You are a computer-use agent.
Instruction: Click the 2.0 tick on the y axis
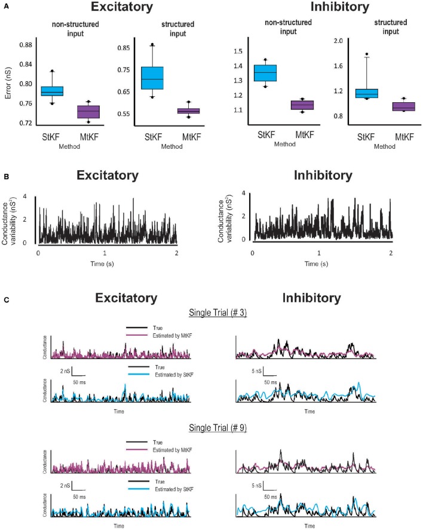338,41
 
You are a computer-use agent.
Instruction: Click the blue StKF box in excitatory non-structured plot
52,91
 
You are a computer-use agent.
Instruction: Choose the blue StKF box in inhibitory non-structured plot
265,72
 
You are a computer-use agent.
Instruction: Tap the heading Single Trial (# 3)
211,316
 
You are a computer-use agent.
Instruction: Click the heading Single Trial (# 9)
211,427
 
